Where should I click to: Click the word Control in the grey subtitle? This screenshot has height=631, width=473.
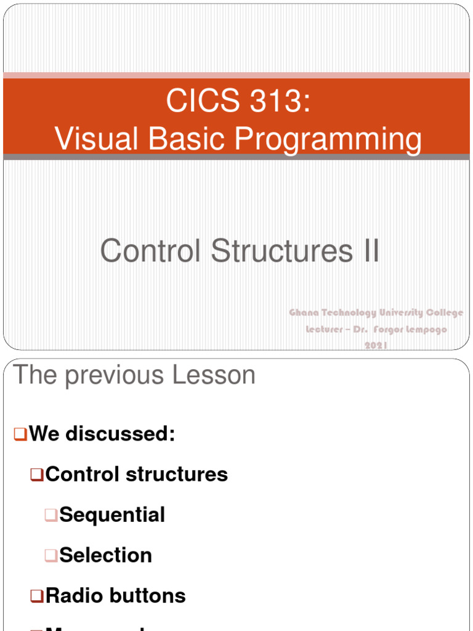coord(151,251)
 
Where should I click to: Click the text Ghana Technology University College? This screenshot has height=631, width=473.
coord(376,313)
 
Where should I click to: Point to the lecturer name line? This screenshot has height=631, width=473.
coord(376,330)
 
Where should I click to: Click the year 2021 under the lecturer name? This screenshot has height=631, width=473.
coord(376,346)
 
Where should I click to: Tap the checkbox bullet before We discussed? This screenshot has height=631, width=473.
coord(20,434)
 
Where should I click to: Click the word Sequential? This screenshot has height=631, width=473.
coord(112,515)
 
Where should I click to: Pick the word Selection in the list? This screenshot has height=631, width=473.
coord(105,555)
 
